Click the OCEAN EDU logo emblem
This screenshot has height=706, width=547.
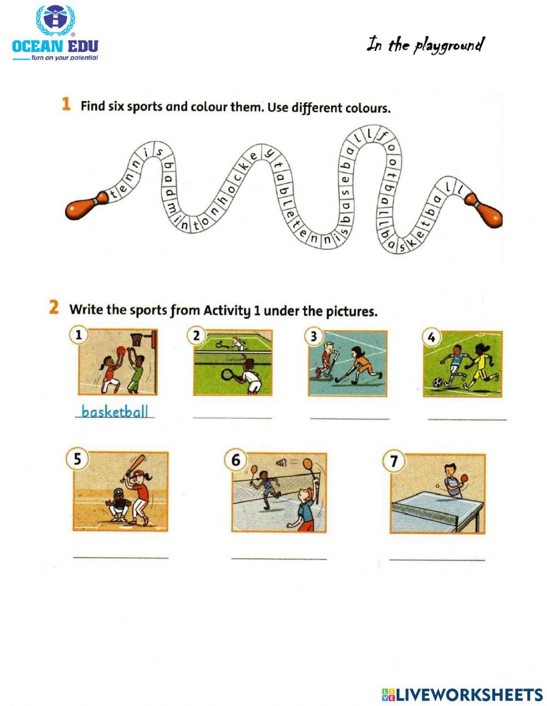click(x=55, y=21)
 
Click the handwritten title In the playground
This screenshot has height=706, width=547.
click(x=425, y=45)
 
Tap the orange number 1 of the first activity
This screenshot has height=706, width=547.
click(x=66, y=104)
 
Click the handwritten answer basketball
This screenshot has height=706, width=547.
click(x=115, y=411)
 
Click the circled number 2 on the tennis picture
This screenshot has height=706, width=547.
click(x=197, y=335)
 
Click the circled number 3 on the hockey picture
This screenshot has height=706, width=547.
click(x=313, y=336)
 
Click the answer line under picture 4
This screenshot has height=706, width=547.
click(x=467, y=419)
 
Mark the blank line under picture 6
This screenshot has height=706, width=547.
click(x=278, y=558)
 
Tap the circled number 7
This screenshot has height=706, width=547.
click(x=393, y=462)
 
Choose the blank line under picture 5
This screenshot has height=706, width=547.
click(x=121, y=558)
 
